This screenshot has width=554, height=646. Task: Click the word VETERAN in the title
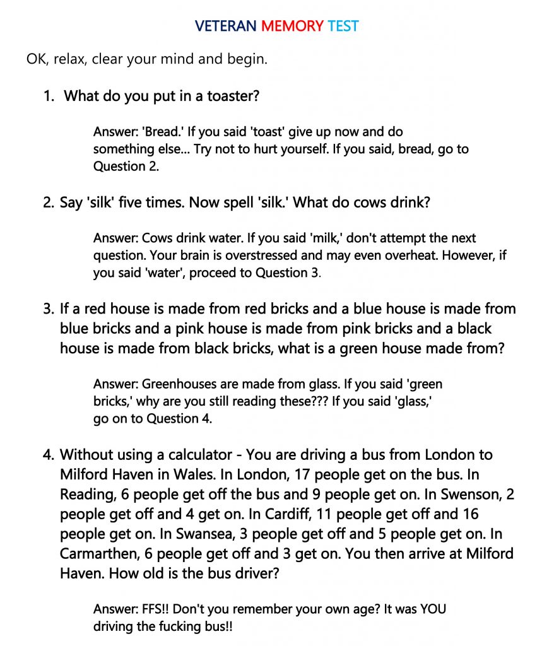225,26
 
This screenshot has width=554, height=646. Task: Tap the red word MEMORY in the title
292,26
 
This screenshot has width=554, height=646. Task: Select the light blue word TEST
343,26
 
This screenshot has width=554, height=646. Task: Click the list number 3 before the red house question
49,309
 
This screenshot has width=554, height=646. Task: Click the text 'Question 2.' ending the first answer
126,166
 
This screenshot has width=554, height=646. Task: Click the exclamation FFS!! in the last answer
156,609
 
